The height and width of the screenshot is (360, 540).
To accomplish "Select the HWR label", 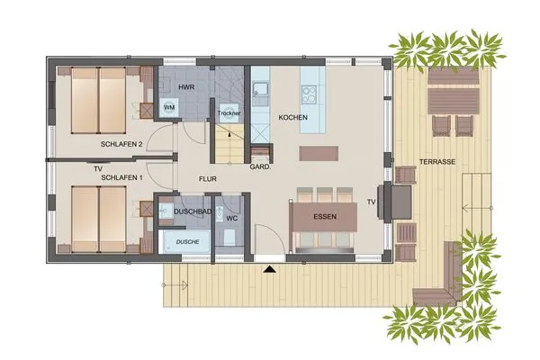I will [x=186, y=86].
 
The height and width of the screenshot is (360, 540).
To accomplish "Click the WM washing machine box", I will [x=168, y=107].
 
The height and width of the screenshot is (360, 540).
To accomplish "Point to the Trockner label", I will [x=229, y=113].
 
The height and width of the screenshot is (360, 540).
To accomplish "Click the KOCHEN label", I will [x=294, y=118].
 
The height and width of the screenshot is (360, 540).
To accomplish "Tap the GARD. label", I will [x=260, y=167].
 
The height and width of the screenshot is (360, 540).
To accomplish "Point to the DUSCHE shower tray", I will [x=186, y=242].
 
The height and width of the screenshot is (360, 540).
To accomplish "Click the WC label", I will [x=230, y=218].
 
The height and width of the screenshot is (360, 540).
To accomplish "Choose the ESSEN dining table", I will [x=325, y=219].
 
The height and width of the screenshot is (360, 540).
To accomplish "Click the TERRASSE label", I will [x=436, y=162].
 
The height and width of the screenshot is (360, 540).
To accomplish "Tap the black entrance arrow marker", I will [x=268, y=268].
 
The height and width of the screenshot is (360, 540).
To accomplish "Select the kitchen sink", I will [x=259, y=90].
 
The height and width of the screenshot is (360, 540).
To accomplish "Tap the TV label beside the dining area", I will [x=371, y=202].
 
